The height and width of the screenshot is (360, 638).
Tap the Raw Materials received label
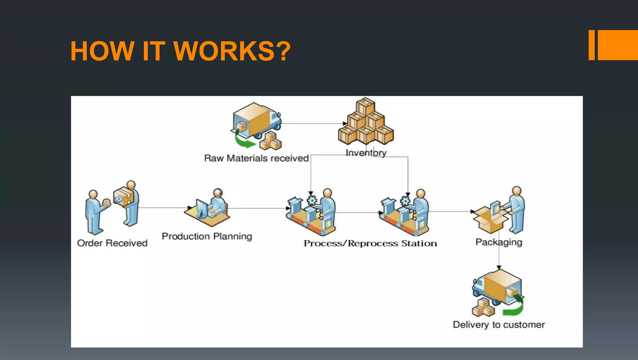click(x=256, y=158)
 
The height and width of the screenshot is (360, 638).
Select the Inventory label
click(x=366, y=153)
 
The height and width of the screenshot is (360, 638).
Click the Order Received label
click(x=112, y=243)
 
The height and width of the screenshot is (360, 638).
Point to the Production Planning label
click(x=207, y=236)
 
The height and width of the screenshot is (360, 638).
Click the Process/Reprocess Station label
click(x=370, y=243)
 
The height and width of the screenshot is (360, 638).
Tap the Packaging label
click(x=498, y=242)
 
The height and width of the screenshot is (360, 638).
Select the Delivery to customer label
click(x=498, y=325)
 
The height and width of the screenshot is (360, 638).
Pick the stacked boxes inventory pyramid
click(x=366, y=123)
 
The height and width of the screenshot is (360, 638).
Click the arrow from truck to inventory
click(x=312, y=124)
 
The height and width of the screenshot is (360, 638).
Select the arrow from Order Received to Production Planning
click(x=164, y=208)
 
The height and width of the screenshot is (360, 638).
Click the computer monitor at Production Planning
click(x=202, y=208)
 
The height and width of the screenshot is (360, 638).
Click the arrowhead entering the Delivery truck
click(x=499, y=267)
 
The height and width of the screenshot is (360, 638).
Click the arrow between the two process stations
click(x=358, y=213)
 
